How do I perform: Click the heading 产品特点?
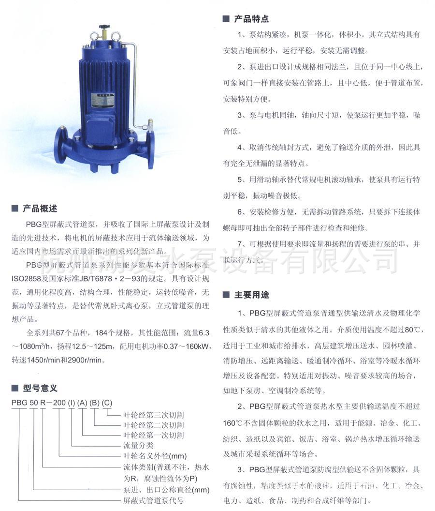(251, 19)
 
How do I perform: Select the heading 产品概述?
(40, 209)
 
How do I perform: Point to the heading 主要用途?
(251, 295)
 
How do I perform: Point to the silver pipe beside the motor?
(134, 82)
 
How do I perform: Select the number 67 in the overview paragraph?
(60, 333)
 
